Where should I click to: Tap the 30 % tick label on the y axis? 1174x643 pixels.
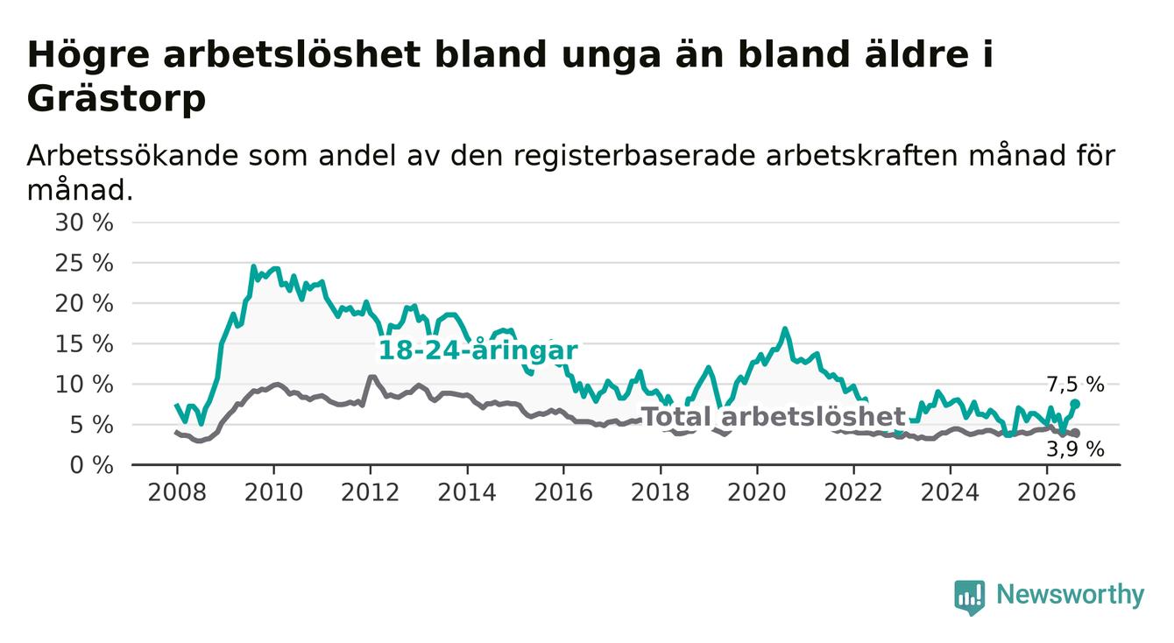84,223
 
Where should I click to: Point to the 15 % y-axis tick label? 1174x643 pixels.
84,344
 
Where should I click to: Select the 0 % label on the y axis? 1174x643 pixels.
91,465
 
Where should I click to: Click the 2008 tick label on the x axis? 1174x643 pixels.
177,493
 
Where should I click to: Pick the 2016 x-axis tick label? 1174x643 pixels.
563,493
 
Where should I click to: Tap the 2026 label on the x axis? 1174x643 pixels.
1047,493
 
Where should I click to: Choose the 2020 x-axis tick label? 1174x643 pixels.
757,493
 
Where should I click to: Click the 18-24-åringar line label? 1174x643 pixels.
478,350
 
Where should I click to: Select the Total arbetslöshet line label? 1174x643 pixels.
774,417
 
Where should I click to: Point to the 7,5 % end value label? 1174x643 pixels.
1076,385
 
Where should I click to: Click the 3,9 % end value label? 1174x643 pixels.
1076,449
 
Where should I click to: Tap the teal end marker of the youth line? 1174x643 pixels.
1075,404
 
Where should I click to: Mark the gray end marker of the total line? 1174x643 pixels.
1076,433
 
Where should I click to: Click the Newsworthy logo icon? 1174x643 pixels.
970,597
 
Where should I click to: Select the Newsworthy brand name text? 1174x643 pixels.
1071,595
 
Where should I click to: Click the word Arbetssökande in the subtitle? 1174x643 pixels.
133,156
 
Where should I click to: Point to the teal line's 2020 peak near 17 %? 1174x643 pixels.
785,329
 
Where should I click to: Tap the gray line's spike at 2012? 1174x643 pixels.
372,377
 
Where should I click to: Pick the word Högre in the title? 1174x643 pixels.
88,55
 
